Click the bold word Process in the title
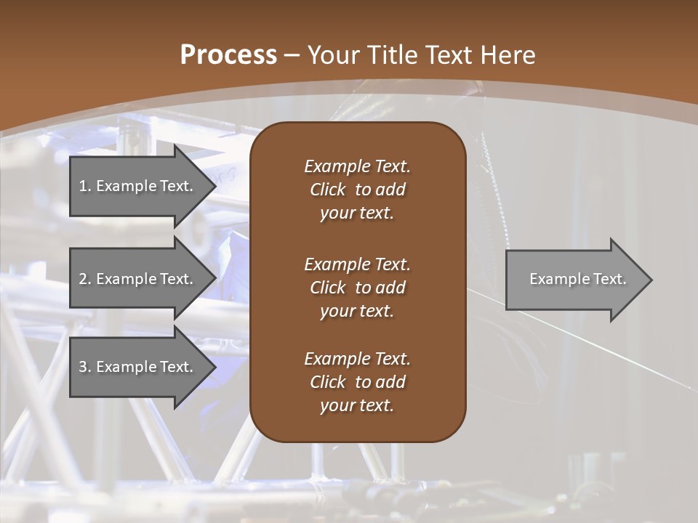click(x=228, y=55)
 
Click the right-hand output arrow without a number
click(x=574, y=280)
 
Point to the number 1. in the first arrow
click(x=84, y=186)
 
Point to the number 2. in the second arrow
click(x=84, y=279)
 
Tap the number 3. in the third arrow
click(x=84, y=367)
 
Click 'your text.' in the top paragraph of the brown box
click(x=357, y=214)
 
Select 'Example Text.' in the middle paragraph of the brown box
click(x=357, y=264)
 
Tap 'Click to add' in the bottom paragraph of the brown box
click(x=357, y=382)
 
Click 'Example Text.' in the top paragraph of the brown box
click(x=357, y=166)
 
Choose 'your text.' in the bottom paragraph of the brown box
click(x=357, y=406)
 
